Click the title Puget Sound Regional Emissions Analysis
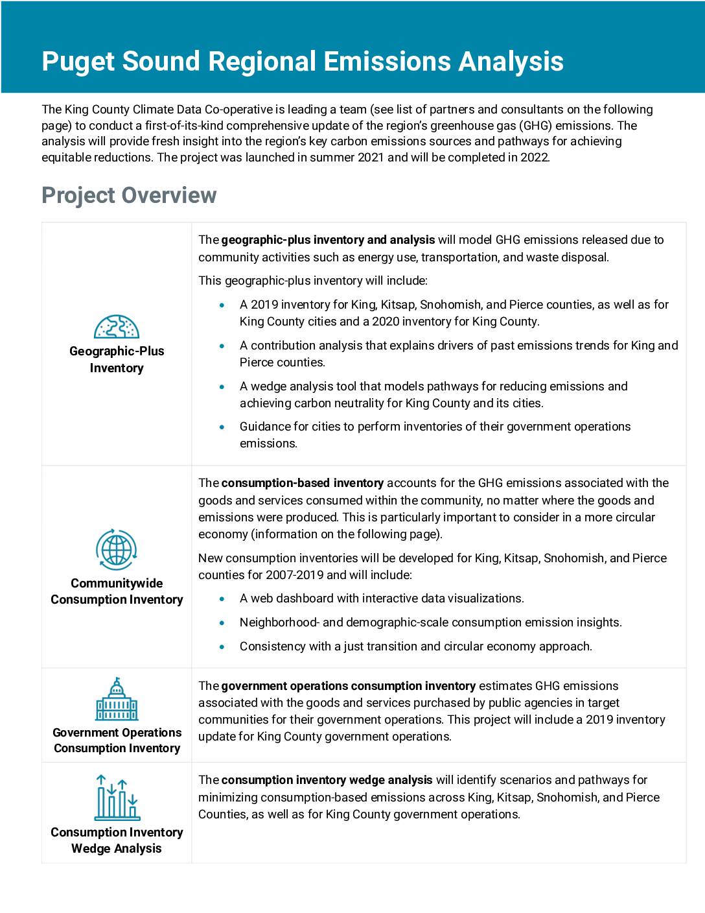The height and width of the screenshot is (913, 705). pos(302,61)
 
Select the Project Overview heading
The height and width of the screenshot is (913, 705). pos(129,195)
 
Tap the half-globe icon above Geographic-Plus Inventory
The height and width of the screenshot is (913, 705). pos(117,326)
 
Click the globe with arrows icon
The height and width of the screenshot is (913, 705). pos(117,550)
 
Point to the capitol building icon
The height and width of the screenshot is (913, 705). pos(117,700)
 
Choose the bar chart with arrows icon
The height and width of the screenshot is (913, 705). pos(117,798)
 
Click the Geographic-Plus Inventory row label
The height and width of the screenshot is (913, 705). pos(117,359)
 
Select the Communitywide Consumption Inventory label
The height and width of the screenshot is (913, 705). pos(117,591)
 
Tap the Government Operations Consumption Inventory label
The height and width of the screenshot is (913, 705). pos(117,741)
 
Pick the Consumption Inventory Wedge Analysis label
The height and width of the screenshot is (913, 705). pos(117,840)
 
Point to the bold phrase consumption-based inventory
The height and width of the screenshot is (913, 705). pos(303,483)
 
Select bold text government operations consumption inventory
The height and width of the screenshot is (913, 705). pos(349,686)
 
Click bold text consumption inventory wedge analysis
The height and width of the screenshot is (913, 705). pos(327,780)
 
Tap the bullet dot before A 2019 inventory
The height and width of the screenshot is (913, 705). pos(223,305)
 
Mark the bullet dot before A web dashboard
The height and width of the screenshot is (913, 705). pos(223,599)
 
